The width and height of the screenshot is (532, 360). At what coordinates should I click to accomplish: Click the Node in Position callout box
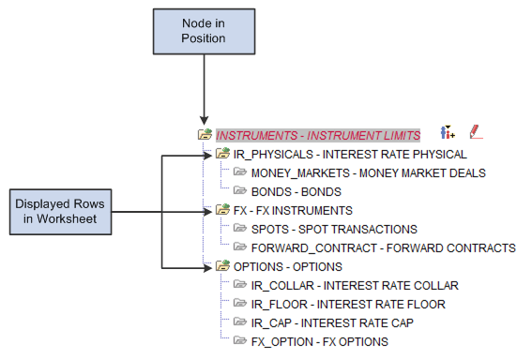coord(204,31)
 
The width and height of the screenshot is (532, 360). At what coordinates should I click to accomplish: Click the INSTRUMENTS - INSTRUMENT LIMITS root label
coord(318,135)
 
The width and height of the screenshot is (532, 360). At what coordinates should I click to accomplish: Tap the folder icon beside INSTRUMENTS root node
coord(205,135)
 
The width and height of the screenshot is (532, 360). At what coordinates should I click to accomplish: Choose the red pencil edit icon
coord(476,134)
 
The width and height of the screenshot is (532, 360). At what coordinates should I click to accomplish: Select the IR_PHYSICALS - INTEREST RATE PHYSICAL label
coord(349,154)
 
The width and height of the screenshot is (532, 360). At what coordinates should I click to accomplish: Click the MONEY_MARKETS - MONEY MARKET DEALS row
coord(368,172)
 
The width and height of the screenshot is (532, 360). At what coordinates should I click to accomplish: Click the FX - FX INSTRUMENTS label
coord(293,210)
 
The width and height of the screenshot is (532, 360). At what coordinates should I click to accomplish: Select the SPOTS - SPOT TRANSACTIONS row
coord(334,229)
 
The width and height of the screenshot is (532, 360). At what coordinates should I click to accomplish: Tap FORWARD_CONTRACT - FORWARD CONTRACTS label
coord(383,247)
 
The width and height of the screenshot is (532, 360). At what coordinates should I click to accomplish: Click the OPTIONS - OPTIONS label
coord(288,266)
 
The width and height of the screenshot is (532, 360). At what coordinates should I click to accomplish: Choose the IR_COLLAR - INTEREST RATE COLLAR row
coord(355,285)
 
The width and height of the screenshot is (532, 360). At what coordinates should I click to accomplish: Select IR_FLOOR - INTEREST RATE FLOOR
coord(348,304)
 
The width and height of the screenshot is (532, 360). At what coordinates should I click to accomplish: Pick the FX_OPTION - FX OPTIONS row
coord(319,341)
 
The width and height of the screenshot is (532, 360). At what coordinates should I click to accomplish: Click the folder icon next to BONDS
coord(239,191)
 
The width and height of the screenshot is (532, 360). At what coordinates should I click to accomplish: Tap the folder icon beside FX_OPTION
coord(239,341)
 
